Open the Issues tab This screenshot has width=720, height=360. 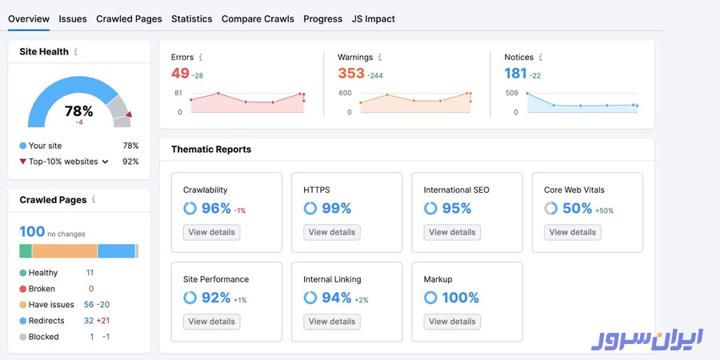click(73, 18)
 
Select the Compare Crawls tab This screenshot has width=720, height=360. click(258, 18)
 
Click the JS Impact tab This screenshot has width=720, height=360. click(374, 18)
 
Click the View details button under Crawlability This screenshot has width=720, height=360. click(211, 232)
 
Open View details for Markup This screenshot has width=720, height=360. click(452, 322)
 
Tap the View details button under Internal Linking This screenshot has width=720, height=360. click(332, 322)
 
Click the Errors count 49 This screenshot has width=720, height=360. click(180, 74)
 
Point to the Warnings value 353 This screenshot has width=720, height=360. click(350, 74)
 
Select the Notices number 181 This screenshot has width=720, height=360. click(515, 74)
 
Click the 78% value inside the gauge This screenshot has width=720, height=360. click(79, 111)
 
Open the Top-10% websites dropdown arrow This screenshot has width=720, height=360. click(105, 162)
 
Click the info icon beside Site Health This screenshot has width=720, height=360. click(76, 52)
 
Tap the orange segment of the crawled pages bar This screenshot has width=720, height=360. click(65, 251)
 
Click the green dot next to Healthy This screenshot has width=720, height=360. click(22, 273)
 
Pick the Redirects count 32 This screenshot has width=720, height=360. click(88, 321)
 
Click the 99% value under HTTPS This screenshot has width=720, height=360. click(336, 208)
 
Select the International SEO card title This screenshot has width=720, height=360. click(456, 190)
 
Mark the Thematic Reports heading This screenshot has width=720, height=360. click(211, 150)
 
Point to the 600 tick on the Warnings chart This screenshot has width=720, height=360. click(345, 94)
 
